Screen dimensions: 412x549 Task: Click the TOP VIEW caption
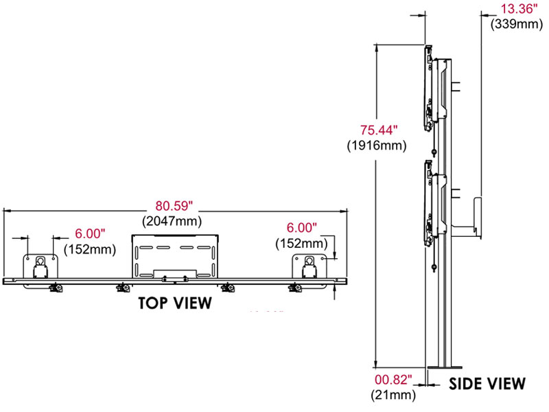coord(175,304)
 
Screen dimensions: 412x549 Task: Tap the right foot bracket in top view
coord(308,266)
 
